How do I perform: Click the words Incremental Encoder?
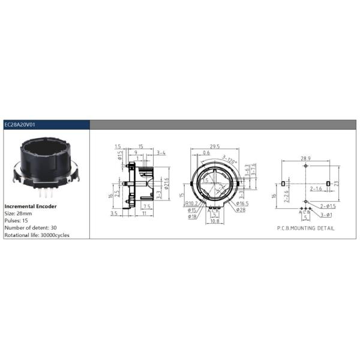pos(31,206)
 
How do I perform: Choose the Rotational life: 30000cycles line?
pos(37,235)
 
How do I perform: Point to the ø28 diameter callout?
pos(239,210)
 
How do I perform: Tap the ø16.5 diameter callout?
pos(241,204)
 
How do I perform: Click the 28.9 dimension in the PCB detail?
pos(305,155)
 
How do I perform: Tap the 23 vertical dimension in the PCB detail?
pos(337,182)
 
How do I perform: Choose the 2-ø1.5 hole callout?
pos(327,206)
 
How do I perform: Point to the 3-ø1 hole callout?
pos(326,214)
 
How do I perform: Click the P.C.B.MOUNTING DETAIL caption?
pos(305,228)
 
